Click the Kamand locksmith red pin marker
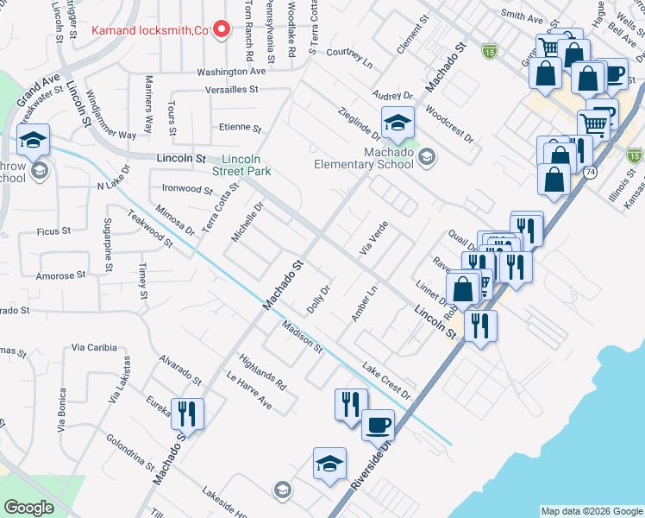pos(222,30)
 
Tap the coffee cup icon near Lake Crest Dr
pos(378,425)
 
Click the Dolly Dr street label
pos(318,299)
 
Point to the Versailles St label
pos(232,89)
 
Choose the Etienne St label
pos(240,128)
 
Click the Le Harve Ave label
pos(249,391)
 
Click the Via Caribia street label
pos(94,347)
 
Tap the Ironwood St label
pos(187,188)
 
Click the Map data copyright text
pos(592,511)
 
